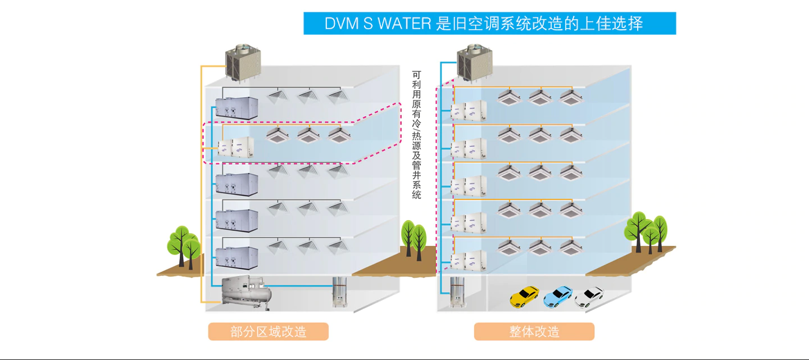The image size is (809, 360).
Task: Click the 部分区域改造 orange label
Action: [268, 331]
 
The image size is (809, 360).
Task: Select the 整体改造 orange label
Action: [534, 331]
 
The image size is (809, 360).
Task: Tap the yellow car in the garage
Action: [524, 296]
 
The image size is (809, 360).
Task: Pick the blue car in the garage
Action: [558, 296]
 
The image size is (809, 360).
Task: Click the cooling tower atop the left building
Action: [243, 62]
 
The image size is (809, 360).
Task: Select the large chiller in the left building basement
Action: [247, 292]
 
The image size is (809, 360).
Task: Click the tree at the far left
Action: [184, 245]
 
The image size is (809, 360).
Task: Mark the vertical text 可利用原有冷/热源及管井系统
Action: [416, 135]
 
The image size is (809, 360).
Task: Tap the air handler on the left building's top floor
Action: [237, 107]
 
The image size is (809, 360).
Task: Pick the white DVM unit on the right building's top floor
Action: [469, 110]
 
